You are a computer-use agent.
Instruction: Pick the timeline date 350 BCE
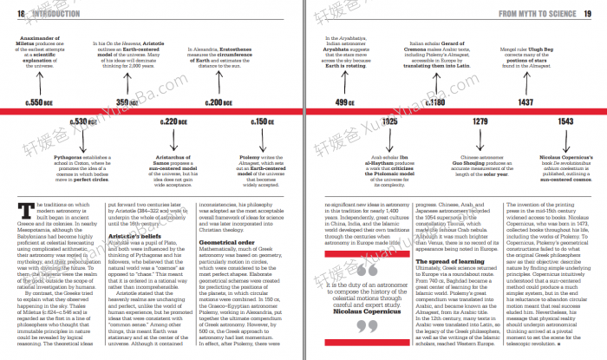[127, 102]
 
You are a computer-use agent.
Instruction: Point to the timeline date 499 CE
[345, 102]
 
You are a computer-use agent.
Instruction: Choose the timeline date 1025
[389, 121]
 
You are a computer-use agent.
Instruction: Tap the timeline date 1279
[480, 121]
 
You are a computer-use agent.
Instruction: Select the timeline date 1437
[525, 102]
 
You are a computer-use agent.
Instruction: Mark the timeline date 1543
[565, 121]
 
